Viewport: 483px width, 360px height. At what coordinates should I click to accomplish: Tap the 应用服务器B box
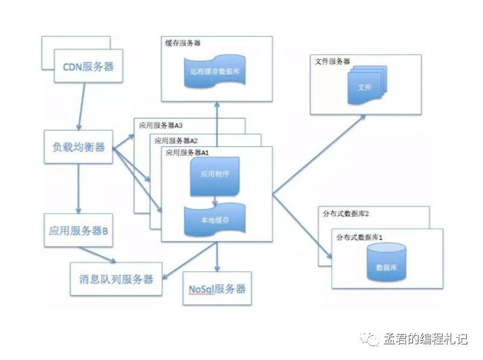pyautogui.click(x=78, y=230)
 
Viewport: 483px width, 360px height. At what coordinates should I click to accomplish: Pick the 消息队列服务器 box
pyautogui.click(x=116, y=279)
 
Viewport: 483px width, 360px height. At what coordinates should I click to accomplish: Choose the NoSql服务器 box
pyautogui.click(x=217, y=289)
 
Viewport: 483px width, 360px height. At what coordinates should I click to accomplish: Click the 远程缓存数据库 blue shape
pyautogui.click(x=217, y=71)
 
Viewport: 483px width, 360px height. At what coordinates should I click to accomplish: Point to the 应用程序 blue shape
pyautogui.click(x=215, y=175)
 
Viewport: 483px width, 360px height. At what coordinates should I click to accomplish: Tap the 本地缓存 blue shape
pyautogui.click(x=215, y=220)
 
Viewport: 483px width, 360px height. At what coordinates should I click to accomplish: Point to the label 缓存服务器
pyautogui.click(x=184, y=43)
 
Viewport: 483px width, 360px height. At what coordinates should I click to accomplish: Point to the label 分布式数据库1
pyautogui.click(x=360, y=236)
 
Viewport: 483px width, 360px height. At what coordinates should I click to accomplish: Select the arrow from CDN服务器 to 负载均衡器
pyautogui.click(x=81, y=106)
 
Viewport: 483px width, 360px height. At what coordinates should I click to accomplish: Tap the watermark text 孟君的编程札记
pyautogui.click(x=425, y=339)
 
